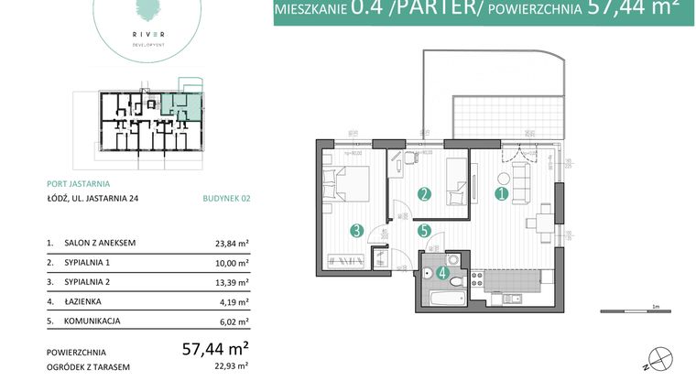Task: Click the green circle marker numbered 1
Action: [501, 194]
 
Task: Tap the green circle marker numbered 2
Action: [423, 194]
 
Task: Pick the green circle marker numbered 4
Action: [443, 271]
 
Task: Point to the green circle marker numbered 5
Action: [423, 232]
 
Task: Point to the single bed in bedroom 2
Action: [457, 182]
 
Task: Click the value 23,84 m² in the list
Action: [230, 244]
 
